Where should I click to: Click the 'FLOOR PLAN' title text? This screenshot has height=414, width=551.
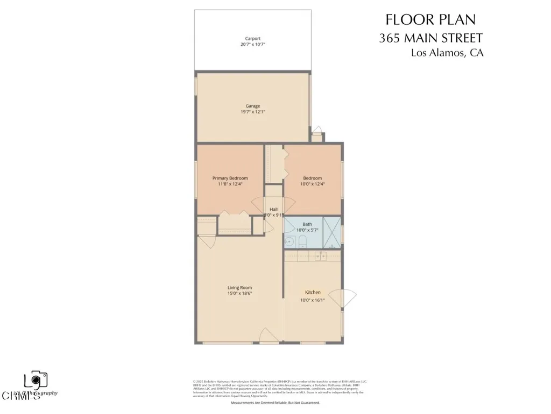(x=430, y=20)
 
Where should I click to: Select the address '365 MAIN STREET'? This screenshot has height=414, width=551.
(x=430, y=38)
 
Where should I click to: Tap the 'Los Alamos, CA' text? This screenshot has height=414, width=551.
(x=447, y=53)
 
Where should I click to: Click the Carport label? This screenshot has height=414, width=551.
(x=253, y=38)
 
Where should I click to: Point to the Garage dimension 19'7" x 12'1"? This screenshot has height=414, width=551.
(x=253, y=112)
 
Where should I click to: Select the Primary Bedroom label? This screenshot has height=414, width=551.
(x=230, y=178)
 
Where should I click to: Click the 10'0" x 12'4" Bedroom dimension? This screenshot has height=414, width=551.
(x=312, y=184)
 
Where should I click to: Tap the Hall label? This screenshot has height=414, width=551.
(x=273, y=209)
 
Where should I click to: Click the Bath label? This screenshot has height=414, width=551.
(x=307, y=224)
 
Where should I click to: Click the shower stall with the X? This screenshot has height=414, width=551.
(x=331, y=232)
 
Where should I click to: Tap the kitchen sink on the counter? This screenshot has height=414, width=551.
(x=321, y=256)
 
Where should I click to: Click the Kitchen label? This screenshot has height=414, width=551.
(x=313, y=292)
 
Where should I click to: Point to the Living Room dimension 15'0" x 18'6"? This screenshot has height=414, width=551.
(x=239, y=294)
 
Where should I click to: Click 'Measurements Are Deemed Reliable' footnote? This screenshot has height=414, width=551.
(x=275, y=403)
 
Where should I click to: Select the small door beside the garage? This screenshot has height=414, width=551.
(x=317, y=131)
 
